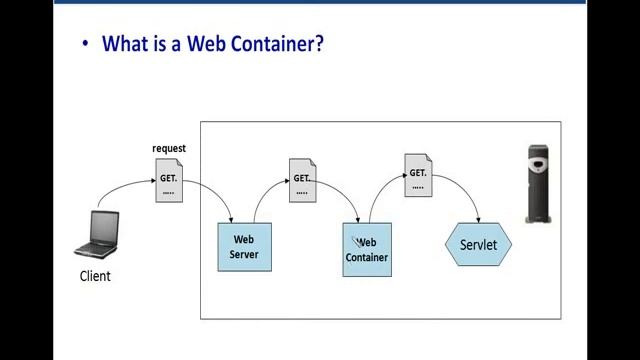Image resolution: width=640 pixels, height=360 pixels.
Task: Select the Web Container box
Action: pyautogui.click(x=367, y=250)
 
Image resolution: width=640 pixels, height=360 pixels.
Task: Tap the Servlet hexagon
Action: pyautogui.click(x=478, y=245)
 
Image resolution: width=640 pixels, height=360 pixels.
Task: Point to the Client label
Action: pyautogui.click(x=95, y=276)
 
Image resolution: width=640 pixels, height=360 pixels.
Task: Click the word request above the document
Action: pyautogui.click(x=169, y=149)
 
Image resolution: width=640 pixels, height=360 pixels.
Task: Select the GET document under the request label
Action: pyautogui.click(x=169, y=177)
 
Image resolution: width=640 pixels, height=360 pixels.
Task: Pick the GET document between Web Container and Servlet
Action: pyautogui.click(x=418, y=173)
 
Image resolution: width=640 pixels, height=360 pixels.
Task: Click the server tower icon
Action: pyautogui.click(x=540, y=182)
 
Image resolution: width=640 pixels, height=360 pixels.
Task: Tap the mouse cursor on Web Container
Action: pyautogui.click(x=355, y=240)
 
